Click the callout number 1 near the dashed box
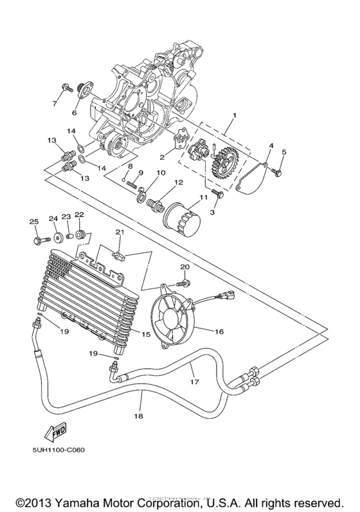pyautogui.click(x=234, y=115)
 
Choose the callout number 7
pyautogui.click(x=54, y=102)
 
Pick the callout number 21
pyautogui.click(x=118, y=232)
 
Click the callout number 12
pyautogui.click(x=177, y=183)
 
